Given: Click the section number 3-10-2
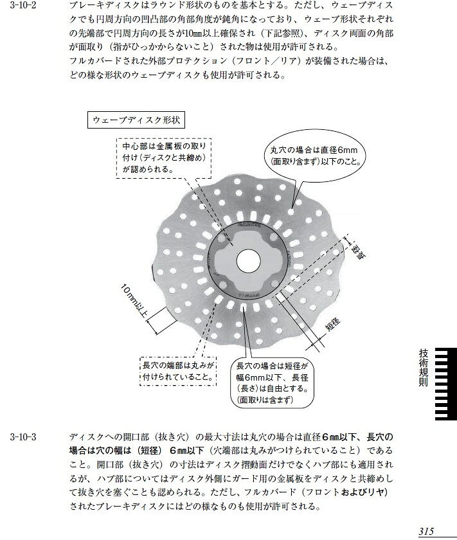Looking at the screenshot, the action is [23, 5].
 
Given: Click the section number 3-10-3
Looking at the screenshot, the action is [23, 437].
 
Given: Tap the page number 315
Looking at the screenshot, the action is [426, 532].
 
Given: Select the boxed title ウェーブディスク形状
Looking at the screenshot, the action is [136, 120].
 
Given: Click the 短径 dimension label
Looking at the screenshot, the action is [333, 324].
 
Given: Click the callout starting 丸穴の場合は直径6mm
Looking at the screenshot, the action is [315, 156].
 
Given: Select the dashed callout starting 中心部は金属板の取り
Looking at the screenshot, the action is [164, 158].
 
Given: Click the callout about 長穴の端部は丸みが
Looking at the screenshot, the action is [179, 371].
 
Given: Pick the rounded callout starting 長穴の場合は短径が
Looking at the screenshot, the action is [272, 382].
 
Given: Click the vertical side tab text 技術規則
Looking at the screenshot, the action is [424, 368].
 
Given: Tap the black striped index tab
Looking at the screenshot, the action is [446, 384].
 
